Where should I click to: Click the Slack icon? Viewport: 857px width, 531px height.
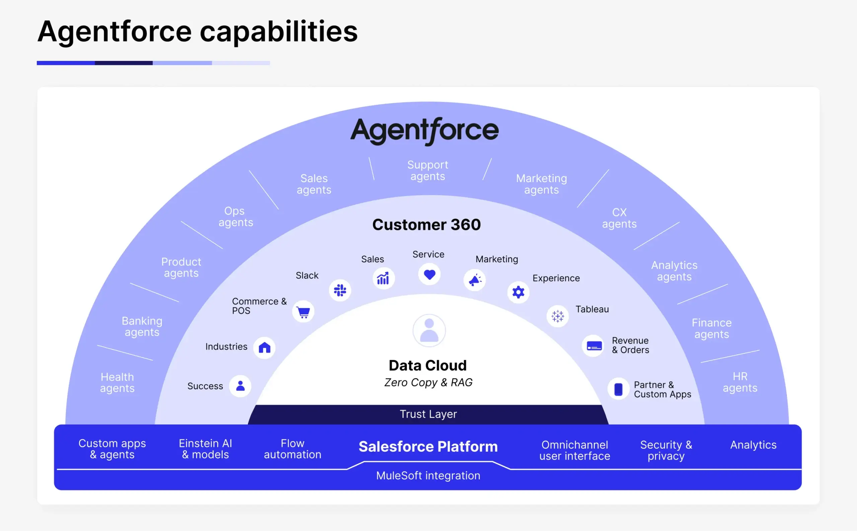point(340,290)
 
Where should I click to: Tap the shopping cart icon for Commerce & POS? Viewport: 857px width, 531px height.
point(303,312)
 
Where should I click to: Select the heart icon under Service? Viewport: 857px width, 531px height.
point(429,274)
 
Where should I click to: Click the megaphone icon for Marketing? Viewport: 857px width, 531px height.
point(475,280)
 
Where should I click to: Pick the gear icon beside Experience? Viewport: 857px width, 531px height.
point(518,292)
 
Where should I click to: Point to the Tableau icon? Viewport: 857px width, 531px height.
point(557,316)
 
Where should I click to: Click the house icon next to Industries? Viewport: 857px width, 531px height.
point(264,348)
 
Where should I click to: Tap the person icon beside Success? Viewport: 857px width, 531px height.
point(240,386)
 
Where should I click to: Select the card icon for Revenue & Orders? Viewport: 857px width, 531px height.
point(594,346)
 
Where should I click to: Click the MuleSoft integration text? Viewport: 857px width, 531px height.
point(428,475)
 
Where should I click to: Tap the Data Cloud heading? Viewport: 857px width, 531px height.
point(427,366)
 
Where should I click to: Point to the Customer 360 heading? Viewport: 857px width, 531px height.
point(426,225)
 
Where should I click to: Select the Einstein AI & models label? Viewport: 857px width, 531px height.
point(206,449)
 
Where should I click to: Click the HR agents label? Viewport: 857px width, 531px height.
point(739,382)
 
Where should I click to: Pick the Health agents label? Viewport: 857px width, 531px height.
point(117,382)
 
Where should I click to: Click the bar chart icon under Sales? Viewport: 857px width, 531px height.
point(383,278)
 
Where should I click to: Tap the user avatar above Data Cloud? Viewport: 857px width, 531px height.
point(429,331)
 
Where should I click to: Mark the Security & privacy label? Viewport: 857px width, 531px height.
point(666,450)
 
